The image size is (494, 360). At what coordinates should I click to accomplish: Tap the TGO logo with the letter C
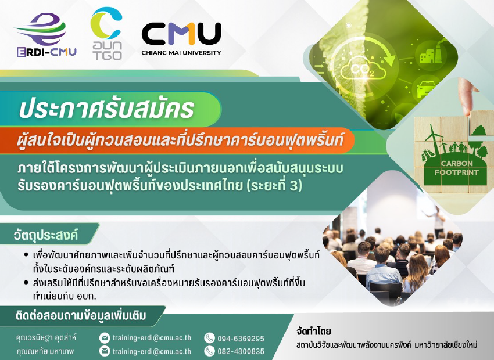106,33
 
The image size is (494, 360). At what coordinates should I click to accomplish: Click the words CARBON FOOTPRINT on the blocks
456,168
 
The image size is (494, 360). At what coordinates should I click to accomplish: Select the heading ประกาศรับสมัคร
106,109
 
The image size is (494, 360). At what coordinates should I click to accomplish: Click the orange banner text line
180,141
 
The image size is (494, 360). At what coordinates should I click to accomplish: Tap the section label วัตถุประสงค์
46,235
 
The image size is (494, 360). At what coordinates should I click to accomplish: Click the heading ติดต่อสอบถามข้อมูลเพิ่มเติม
81,316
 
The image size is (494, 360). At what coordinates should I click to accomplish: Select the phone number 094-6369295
241,339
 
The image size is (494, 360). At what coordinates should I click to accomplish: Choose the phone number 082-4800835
241,351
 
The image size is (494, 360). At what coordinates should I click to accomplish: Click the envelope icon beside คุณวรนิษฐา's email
104,338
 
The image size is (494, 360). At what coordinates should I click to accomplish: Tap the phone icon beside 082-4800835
209,351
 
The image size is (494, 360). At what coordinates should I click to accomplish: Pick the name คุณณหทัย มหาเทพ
45,351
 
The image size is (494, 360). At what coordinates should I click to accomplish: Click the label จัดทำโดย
314,332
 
